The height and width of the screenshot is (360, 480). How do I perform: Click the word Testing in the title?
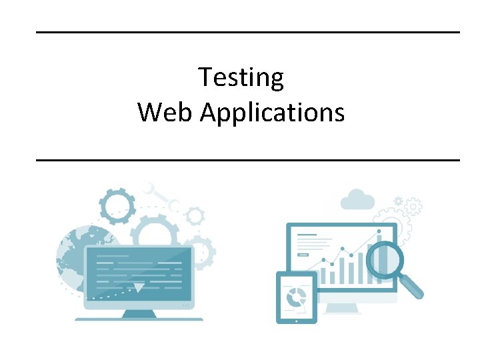pyautogui.click(x=241, y=78)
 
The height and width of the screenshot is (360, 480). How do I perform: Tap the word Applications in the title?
pyautogui.click(x=272, y=113)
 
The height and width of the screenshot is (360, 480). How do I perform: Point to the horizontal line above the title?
pyautogui.click(x=247, y=32)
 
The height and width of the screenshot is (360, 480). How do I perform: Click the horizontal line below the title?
pyautogui.click(x=247, y=160)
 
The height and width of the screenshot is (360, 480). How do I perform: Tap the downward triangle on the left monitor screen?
pyautogui.click(x=139, y=287)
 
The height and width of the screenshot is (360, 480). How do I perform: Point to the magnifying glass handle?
pyautogui.click(x=413, y=287)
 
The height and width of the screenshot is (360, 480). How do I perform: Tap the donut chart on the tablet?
pyautogui.click(x=295, y=296)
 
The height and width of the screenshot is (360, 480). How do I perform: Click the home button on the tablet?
pyautogui.click(x=295, y=318)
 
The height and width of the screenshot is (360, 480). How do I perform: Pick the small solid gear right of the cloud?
pyautogui.click(x=399, y=201)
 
